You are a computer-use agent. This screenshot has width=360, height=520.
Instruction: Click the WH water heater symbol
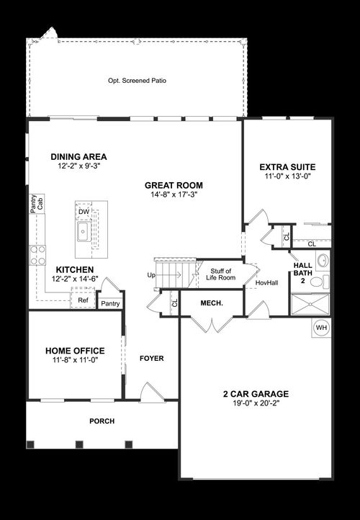(x=321, y=328)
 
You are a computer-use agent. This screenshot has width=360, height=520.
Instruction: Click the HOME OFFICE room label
(x=75, y=351)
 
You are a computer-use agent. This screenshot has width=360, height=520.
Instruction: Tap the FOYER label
(x=151, y=358)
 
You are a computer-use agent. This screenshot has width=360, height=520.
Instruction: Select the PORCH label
(x=102, y=421)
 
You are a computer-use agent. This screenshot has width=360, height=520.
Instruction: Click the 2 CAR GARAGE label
(x=255, y=394)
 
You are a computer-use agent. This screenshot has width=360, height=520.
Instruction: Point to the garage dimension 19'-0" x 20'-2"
(x=255, y=404)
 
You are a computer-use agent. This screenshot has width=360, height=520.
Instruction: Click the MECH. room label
(x=211, y=303)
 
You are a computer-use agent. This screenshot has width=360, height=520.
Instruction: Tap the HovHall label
(x=267, y=283)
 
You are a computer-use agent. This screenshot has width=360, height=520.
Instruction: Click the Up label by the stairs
(x=150, y=275)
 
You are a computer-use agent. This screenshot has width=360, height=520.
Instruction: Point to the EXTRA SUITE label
(x=287, y=167)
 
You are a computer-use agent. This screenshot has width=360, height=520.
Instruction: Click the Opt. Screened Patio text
(x=137, y=81)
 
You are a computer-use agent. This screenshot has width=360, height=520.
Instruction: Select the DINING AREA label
(x=78, y=156)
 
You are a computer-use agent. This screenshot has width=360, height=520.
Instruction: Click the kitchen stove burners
(x=37, y=256)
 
